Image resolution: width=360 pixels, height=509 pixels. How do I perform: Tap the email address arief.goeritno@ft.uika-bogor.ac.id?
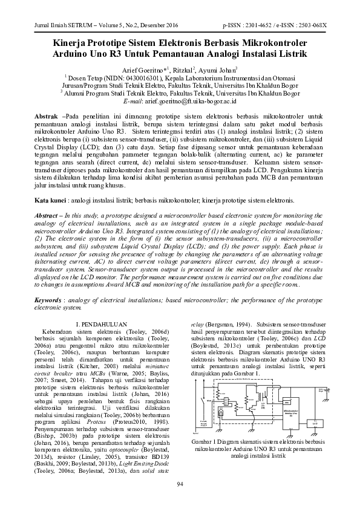(x=195, y=103)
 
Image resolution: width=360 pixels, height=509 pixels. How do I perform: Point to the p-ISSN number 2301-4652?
(x=260, y=26)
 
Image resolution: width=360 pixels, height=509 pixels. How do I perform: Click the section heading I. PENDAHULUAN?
(x=101, y=325)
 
